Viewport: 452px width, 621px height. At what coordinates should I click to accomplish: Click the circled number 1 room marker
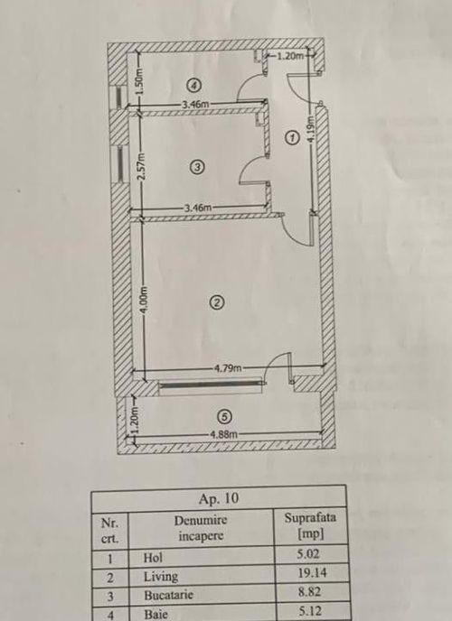[x=292, y=138]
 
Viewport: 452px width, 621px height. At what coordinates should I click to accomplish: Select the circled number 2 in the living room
[x=216, y=302]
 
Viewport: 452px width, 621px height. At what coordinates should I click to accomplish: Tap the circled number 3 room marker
[x=197, y=167]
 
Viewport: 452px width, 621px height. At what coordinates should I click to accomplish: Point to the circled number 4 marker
[x=193, y=84]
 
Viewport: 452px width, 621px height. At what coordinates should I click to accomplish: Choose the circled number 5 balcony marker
[x=225, y=417]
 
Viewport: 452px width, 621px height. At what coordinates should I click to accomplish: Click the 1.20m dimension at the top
[x=290, y=56]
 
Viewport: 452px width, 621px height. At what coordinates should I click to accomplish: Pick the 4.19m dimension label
[x=312, y=128]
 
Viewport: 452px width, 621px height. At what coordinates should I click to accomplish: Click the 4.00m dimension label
[x=146, y=301]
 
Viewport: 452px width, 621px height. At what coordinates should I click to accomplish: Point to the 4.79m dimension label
[x=228, y=368]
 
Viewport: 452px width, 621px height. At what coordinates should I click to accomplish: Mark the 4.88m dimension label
[x=223, y=434]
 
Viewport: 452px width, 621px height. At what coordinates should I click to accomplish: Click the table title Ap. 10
[x=219, y=498]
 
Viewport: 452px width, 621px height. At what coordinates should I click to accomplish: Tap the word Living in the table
[x=161, y=577]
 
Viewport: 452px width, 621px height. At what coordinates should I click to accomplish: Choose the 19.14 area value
[x=309, y=572]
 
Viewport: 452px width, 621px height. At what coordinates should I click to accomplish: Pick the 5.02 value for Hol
[x=308, y=553]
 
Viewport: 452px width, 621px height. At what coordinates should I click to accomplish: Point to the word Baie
[x=155, y=615]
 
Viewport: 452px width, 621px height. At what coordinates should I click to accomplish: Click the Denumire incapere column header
[x=201, y=528]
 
